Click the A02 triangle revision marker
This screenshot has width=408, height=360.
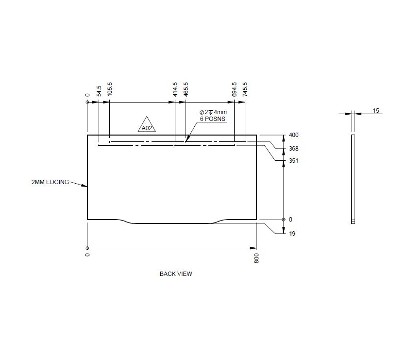click(147, 126)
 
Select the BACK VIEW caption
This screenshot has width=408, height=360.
click(176, 274)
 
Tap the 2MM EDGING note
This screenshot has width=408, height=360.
click(50, 182)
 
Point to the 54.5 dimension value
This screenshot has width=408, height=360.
click(99, 91)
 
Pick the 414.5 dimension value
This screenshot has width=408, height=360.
click(175, 90)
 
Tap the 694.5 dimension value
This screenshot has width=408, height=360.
click(235, 90)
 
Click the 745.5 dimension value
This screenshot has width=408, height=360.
click(245, 90)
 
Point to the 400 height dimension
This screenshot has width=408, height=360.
click(294, 135)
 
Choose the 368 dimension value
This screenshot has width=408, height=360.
click(294, 149)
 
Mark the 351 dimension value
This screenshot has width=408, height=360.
click(294, 161)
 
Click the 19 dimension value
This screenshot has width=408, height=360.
click(292, 234)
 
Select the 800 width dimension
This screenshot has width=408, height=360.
click(256, 258)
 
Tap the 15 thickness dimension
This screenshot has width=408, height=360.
click(376, 111)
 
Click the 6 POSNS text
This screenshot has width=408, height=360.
click(213, 119)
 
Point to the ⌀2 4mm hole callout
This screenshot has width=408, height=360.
click(213, 112)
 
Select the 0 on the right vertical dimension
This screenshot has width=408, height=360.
click(291, 220)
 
